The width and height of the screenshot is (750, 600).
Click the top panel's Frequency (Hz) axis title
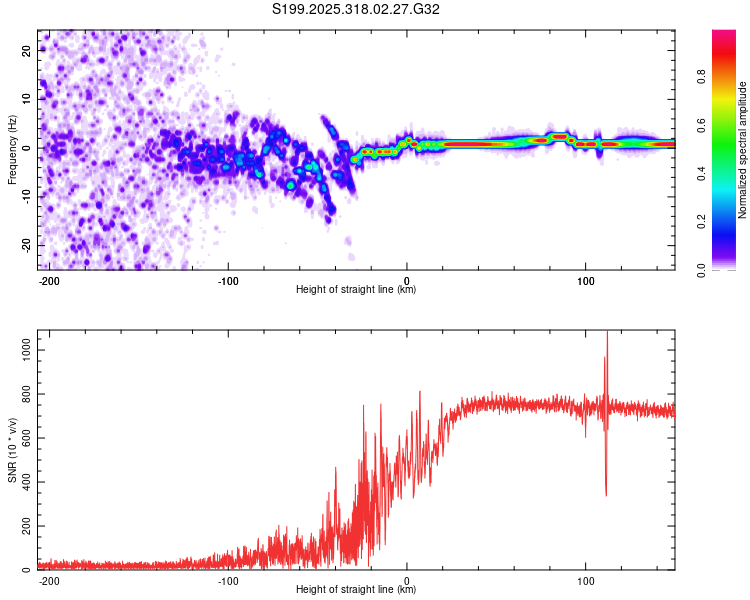click(x=12, y=150)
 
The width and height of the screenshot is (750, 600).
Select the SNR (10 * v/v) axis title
click(x=12, y=452)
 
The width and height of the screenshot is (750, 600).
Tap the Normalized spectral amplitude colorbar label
click(x=743, y=150)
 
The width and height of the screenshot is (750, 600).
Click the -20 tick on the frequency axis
click(x=25, y=245)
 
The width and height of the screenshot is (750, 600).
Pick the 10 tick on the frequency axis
click(x=27, y=98)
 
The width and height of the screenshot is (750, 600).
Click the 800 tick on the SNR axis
click(x=24, y=394)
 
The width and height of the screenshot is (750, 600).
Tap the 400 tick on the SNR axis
click(x=24, y=482)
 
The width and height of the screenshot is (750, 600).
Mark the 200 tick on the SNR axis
click(x=24, y=526)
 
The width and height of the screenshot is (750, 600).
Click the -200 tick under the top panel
click(x=49, y=280)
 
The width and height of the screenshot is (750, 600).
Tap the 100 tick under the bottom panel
click(x=585, y=580)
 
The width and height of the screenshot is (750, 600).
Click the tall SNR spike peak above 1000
click(x=607, y=334)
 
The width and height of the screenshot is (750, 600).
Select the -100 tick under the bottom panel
click(x=228, y=580)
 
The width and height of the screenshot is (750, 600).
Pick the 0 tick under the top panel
click(x=407, y=280)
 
